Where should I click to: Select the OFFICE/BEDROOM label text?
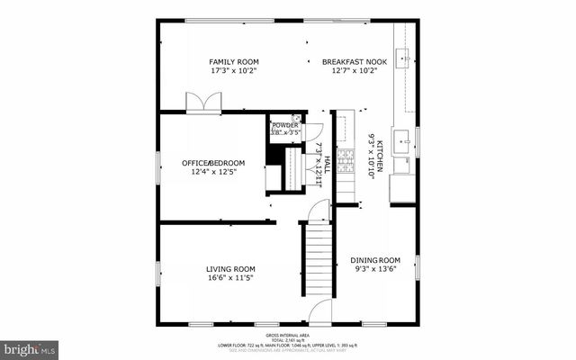pos(212,163)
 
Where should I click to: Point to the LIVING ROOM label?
pos(230,269)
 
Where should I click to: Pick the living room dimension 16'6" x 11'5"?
pos(230,278)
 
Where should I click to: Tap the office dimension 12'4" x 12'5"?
pos(212,172)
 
